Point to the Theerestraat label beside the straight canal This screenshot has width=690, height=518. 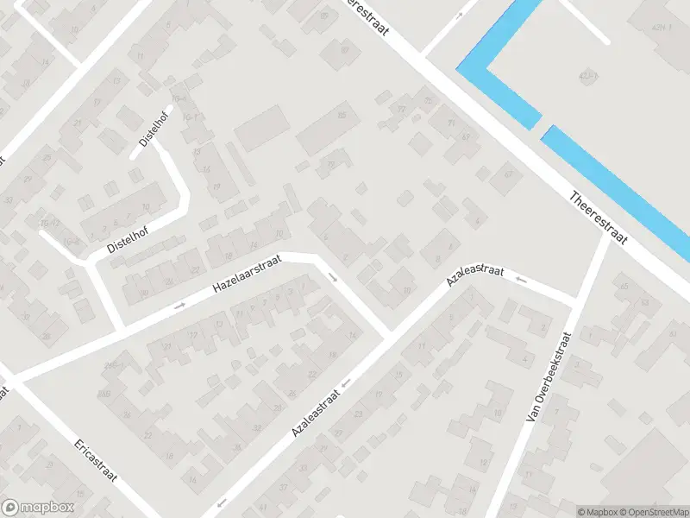(599, 217)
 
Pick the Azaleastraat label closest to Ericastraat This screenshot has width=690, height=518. (317, 410)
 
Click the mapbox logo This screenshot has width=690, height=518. (38, 508)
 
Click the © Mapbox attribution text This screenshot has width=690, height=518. (595, 512)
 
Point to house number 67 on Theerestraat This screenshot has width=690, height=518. (508, 175)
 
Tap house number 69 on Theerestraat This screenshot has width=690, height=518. (466, 136)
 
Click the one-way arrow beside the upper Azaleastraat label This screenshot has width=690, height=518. (520, 280)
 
